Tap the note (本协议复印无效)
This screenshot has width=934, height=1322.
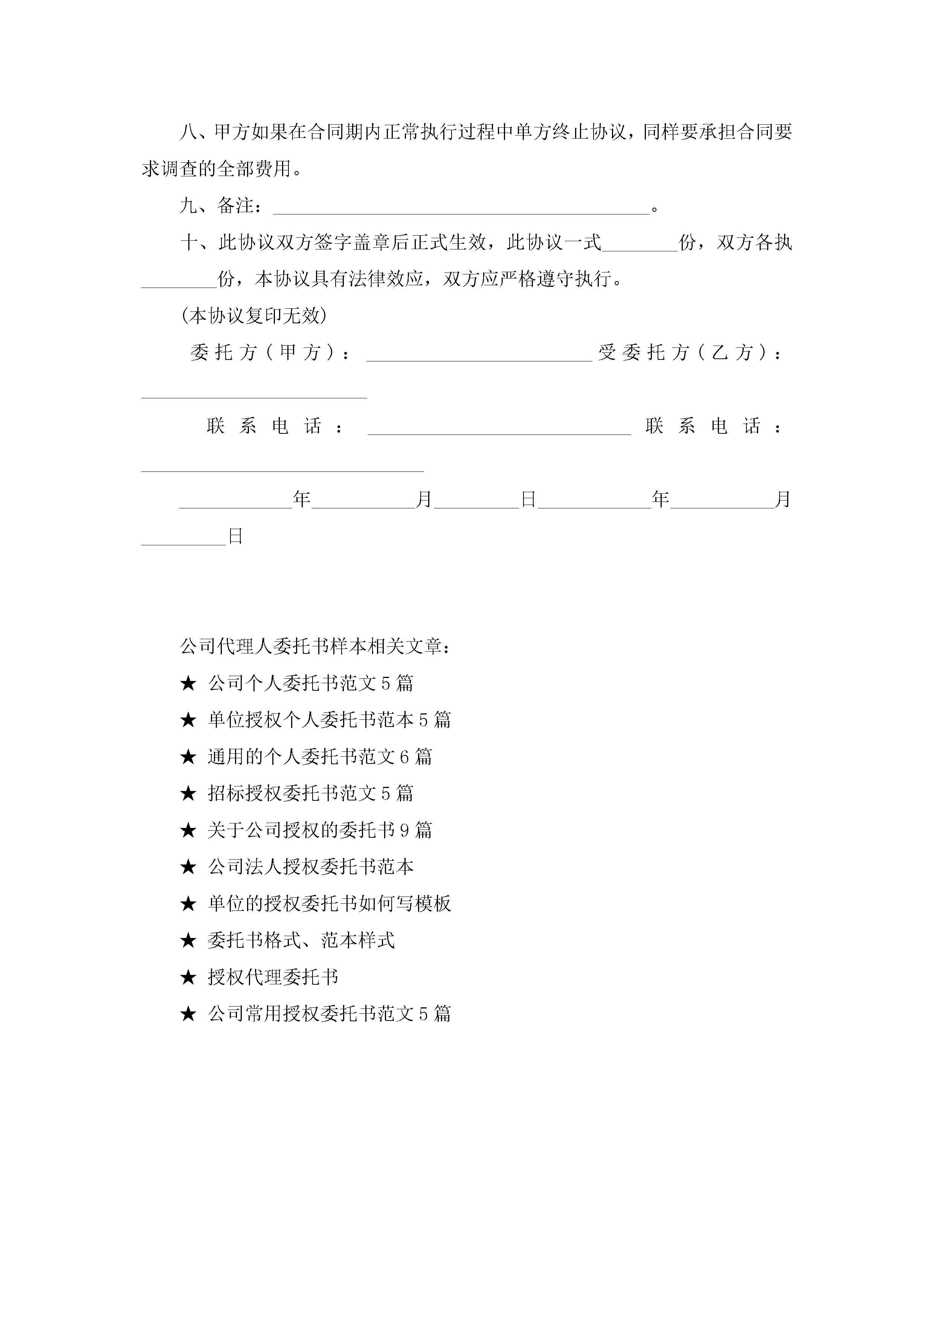click(x=254, y=315)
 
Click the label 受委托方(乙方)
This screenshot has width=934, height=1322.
click(x=690, y=352)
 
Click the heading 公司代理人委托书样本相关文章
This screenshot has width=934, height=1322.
click(x=315, y=647)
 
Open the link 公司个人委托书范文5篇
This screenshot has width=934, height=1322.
click(x=311, y=684)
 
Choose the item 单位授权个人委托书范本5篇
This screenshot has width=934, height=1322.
click(x=329, y=720)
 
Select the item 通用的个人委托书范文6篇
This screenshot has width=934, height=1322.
click(x=320, y=757)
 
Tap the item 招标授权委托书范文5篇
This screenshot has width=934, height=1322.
click(x=311, y=793)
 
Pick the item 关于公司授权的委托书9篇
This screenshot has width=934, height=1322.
click(x=320, y=830)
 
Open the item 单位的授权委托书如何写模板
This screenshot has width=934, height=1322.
click(x=329, y=903)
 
